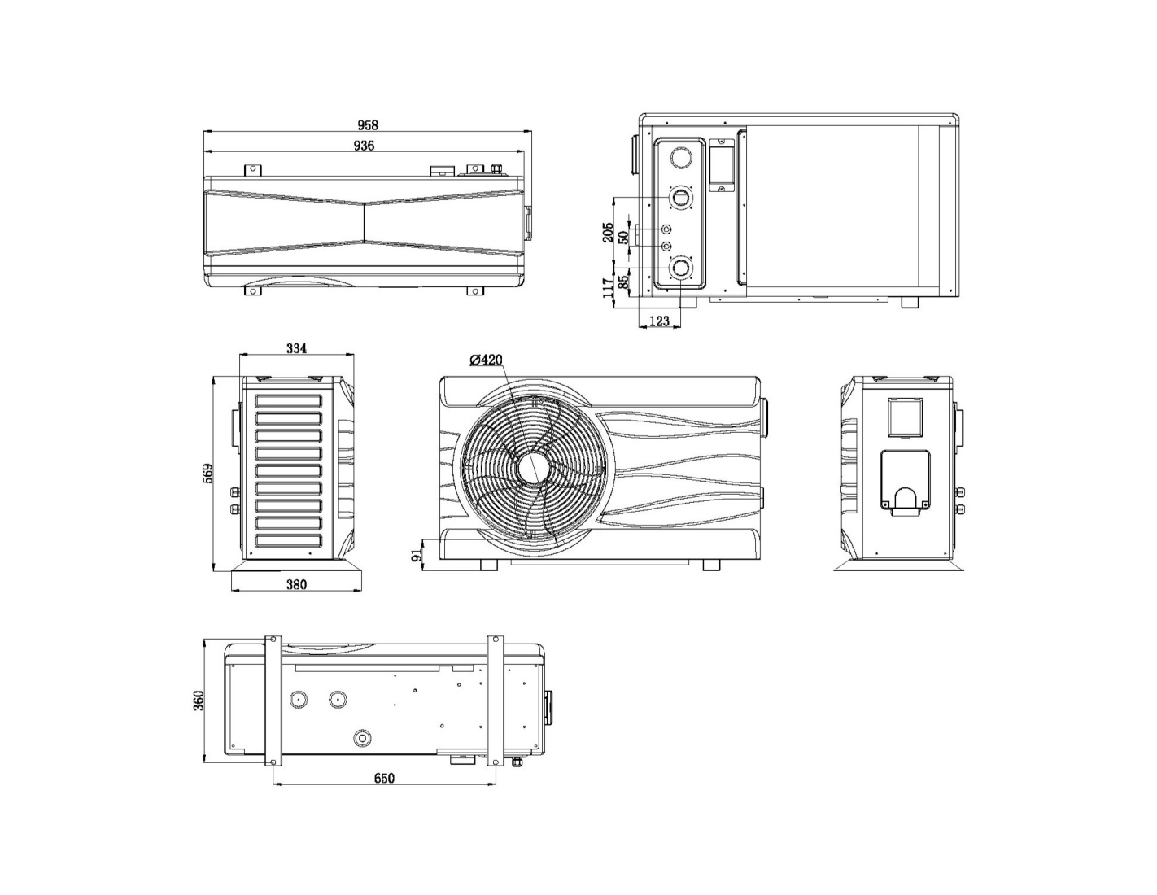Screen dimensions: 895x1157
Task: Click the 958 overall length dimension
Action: [368, 125]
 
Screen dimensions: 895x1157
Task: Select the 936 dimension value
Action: [364, 146]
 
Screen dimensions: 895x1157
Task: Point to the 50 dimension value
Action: [624, 237]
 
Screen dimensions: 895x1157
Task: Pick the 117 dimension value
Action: [608, 288]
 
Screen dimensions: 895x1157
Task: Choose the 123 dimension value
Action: [659, 321]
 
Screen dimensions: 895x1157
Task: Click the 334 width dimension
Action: [296, 348]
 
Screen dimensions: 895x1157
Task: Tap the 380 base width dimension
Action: [296, 584]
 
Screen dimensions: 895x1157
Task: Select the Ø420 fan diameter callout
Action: [486, 360]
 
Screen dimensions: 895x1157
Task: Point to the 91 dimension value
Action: [417, 555]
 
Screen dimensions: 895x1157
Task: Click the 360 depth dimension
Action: [199, 701]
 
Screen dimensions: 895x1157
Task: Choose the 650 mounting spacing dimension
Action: [384, 779]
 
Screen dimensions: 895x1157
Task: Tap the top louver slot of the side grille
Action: [289, 401]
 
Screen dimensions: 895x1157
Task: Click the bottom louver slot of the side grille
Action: [289, 540]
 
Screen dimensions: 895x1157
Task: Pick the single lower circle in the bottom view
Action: [361, 737]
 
